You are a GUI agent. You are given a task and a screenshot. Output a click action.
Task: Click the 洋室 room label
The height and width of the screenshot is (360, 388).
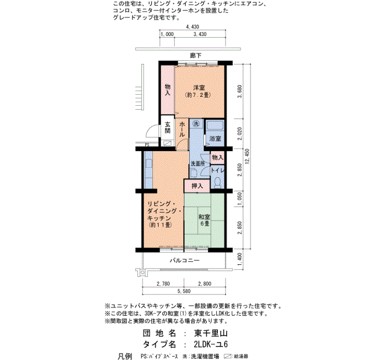(198, 88)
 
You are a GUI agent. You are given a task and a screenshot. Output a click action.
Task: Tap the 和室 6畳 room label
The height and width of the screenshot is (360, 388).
(205, 220)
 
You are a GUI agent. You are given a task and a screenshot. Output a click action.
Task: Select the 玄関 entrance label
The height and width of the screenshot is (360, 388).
(167, 127)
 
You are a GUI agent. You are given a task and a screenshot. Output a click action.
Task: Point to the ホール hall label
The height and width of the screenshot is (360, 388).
(182, 129)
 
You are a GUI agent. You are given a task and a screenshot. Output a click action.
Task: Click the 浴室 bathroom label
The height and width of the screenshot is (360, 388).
(215, 138)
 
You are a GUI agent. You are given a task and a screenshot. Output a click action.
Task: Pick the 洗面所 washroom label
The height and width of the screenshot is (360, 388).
(198, 164)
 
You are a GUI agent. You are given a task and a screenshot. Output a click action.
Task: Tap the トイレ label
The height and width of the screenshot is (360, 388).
(217, 170)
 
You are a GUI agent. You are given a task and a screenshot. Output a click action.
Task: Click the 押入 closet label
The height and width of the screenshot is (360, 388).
(197, 186)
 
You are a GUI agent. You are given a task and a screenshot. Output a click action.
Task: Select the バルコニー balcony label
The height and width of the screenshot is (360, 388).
(185, 260)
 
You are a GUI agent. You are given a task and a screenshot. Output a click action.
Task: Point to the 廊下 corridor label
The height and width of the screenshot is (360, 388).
(196, 55)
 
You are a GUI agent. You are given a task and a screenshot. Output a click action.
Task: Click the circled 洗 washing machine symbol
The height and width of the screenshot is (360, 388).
(196, 124)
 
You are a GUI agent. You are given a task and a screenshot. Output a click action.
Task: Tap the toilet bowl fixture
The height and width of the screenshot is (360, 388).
(218, 182)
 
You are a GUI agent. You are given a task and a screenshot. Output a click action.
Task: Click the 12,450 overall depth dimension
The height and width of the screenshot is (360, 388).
(247, 156)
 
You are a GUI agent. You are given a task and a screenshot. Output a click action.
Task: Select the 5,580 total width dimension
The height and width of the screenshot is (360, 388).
(184, 291)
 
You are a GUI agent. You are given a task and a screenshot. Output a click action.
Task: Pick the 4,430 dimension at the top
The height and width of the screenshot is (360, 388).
(192, 27)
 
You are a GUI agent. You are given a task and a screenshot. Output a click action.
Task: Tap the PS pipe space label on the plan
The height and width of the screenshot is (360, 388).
(147, 145)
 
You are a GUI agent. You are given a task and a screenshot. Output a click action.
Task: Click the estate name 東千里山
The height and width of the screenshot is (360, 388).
(211, 333)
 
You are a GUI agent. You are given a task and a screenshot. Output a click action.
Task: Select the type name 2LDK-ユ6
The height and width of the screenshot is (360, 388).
(211, 344)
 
